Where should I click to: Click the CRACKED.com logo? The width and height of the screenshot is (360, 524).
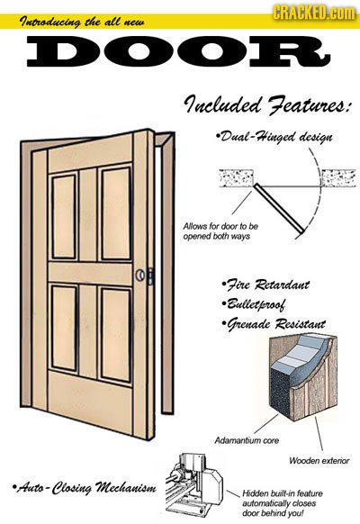[314, 13]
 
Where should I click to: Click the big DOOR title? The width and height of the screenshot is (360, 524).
[179, 53]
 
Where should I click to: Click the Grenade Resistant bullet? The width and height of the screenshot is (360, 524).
[274, 323]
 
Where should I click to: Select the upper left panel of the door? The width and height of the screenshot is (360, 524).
[64, 217]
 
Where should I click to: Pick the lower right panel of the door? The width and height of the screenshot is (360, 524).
[116, 335]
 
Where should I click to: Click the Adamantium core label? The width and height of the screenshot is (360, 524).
[247, 440]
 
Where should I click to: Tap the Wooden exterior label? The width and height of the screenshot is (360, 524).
[319, 461]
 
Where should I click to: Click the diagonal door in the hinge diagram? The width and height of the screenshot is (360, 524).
[279, 207]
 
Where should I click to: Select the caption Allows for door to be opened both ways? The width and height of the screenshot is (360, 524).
[220, 231]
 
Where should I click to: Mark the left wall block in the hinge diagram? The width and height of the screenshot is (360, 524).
[237, 178]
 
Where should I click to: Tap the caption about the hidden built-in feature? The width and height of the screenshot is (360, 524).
[283, 503]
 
